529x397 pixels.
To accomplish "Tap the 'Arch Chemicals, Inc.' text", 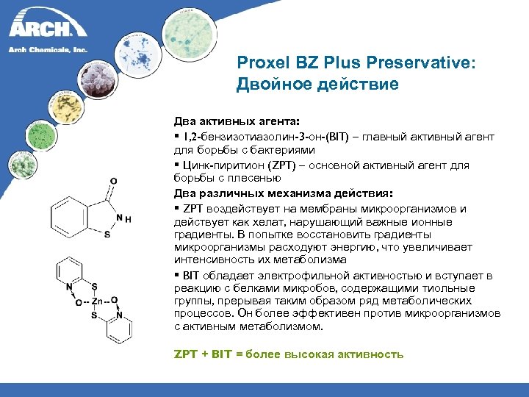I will point(48,49).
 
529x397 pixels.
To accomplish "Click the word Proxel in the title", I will point(259,64).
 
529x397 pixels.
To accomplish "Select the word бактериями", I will point(250,149).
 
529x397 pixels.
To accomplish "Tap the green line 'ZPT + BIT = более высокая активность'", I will point(288,354).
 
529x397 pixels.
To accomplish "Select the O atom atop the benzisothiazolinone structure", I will point(112,180).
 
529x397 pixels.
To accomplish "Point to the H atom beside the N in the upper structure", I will point(129,219).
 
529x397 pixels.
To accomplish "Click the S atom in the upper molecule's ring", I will point(107,235).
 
